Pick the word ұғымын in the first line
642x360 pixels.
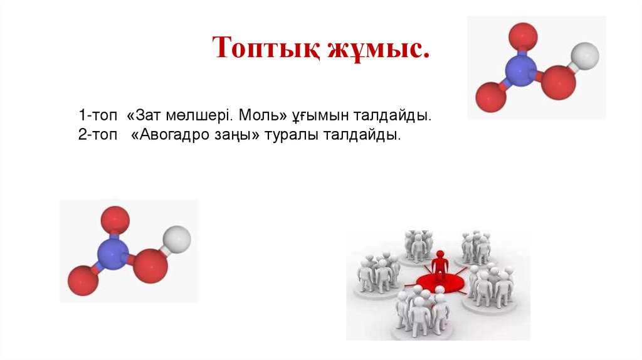point(320,117)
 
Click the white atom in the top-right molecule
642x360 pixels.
point(586,55)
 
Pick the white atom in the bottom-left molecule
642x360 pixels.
point(178,240)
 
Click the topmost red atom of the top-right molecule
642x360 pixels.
point(523,35)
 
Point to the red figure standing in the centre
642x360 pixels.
point(440,263)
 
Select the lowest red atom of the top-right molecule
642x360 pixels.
point(490,97)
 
